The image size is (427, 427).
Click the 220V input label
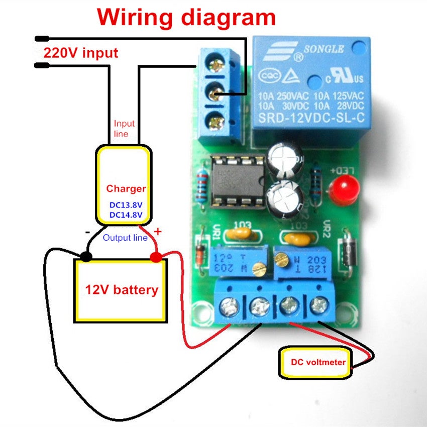coord(80,52)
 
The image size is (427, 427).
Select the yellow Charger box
coord(123,184)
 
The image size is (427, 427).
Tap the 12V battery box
coord(121,290)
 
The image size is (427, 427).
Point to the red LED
coord(342,189)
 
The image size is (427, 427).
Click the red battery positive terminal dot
coord(156,257)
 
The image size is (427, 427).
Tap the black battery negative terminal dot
coord(86,257)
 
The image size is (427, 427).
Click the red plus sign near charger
coord(158,232)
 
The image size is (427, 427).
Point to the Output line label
coord(125,237)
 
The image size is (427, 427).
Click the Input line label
coord(124,129)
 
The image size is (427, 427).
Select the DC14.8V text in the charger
coord(126,215)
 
